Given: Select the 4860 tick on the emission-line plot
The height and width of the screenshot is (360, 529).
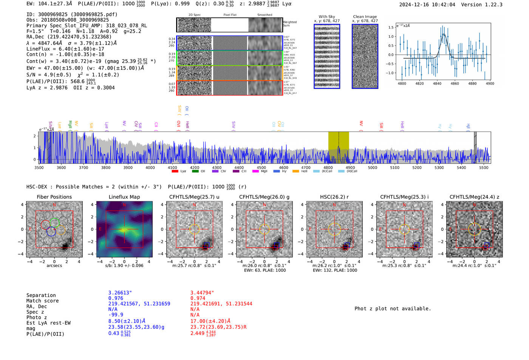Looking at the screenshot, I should [455, 83].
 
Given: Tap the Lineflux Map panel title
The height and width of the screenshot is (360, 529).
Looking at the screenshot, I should [124, 197].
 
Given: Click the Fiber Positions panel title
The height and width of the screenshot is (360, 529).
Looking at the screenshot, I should [54, 197].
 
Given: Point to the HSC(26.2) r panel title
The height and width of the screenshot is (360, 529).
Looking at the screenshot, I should [334, 197].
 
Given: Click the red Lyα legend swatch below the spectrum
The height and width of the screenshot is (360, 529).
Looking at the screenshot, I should [175, 171].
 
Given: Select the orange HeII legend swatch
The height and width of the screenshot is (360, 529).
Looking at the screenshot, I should [295, 171].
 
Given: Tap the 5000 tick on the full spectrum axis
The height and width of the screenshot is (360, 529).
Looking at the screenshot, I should [373, 167].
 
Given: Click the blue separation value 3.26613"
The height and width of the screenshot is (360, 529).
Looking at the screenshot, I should [120, 293].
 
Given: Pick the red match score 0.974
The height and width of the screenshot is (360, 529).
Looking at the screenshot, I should [198, 298].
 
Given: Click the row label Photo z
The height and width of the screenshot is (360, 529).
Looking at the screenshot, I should [37, 317].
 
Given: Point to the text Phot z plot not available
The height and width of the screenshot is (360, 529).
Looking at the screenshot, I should [393, 309].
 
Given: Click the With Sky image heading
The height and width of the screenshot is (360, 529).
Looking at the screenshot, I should [327, 17].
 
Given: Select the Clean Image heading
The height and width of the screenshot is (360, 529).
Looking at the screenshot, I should [365, 17].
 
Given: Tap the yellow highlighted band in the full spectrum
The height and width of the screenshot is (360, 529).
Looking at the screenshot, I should [338, 147].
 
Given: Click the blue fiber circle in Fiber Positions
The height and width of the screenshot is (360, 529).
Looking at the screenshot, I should [51, 232].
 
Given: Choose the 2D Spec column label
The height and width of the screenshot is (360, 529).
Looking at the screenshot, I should [194, 15].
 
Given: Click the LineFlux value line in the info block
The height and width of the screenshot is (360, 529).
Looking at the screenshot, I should [65, 49].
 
